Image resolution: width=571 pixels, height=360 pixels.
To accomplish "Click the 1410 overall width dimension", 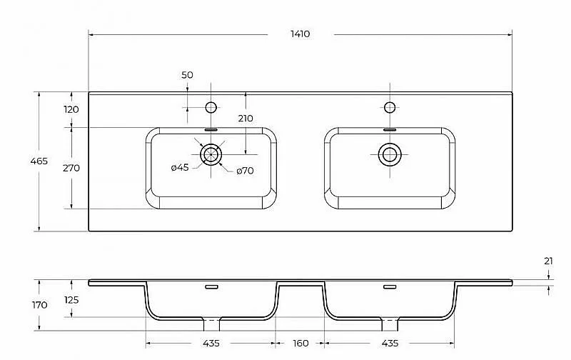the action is click(300, 34).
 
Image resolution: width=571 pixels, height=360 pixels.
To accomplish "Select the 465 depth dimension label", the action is click(39, 161).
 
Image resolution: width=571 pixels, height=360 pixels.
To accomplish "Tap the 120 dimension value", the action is click(71, 109).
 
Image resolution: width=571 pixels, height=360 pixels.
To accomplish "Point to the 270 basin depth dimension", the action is click(71, 168).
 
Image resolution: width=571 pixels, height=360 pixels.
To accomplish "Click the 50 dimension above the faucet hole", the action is click(187, 75).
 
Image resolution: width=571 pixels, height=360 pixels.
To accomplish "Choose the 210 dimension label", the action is click(246, 119).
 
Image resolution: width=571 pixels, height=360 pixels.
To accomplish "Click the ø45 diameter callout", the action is click(180, 168).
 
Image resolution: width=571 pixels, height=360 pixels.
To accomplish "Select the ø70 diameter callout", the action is click(245, 171).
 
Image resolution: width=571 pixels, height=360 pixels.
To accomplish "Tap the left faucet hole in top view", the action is click(211, 107).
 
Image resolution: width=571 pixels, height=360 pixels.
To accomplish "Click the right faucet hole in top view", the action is click(390, 107).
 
